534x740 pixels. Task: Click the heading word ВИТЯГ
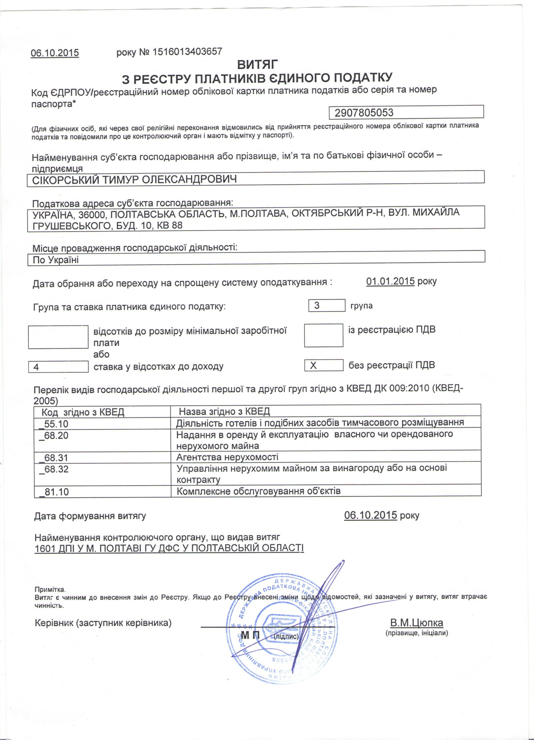pyautogui.click(x=258, y=64)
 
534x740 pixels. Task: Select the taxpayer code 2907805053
pyautogui.click(x=364, y=113)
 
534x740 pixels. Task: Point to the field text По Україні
pyautogui.click(x=56, y=260)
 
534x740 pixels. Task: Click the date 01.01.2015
pyautogui.click(x=390, y=281)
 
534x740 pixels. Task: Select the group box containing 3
pyautogui.click(x=326, y=306)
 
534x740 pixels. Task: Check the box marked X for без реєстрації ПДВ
pyautogui.click(x=323, y=365)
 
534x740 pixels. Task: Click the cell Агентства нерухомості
pyautogui.click(x=227, y=457)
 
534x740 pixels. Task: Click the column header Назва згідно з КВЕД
pyautogui.click(x=224, y=411)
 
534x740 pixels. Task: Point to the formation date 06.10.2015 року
pyautogui.click(x=381, y=515)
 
